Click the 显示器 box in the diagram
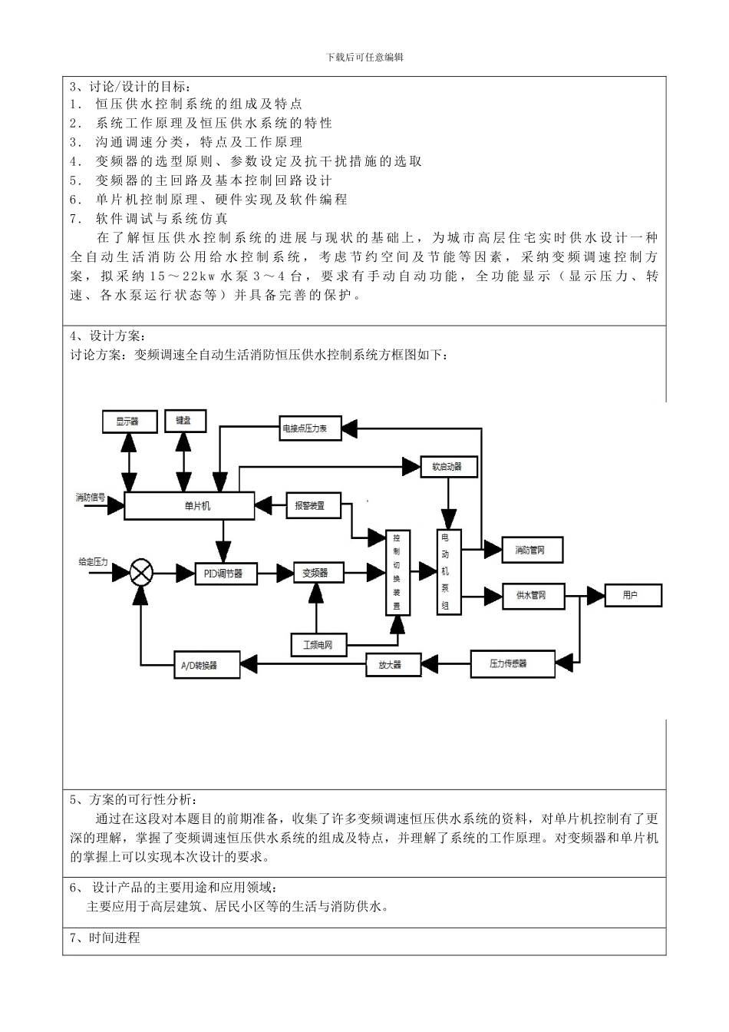tap(129, 422)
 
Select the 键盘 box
tap(185, 421)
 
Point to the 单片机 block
tap(189, 506)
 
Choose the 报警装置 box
tap(313, 506)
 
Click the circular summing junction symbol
tap(141, 572)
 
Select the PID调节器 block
tap(224, 573)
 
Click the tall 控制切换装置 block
tap(397, 572)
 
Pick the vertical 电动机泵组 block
tap(449, 572)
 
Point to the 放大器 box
tap(393, 664)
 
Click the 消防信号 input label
tap(91, 499)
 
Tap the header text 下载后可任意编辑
tap(364, 57)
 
